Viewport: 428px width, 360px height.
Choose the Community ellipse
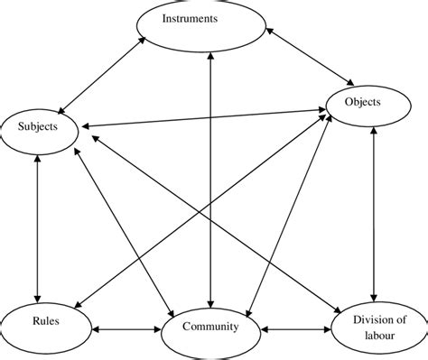(x=209, y=328)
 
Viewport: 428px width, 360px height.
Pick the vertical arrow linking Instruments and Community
(x=210, y=180)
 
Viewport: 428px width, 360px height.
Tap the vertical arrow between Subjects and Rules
(x=37, y=226)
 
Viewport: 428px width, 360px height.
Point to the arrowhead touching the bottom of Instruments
(x=210, y=61)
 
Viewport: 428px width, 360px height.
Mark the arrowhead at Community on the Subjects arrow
(x=172, y=309)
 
